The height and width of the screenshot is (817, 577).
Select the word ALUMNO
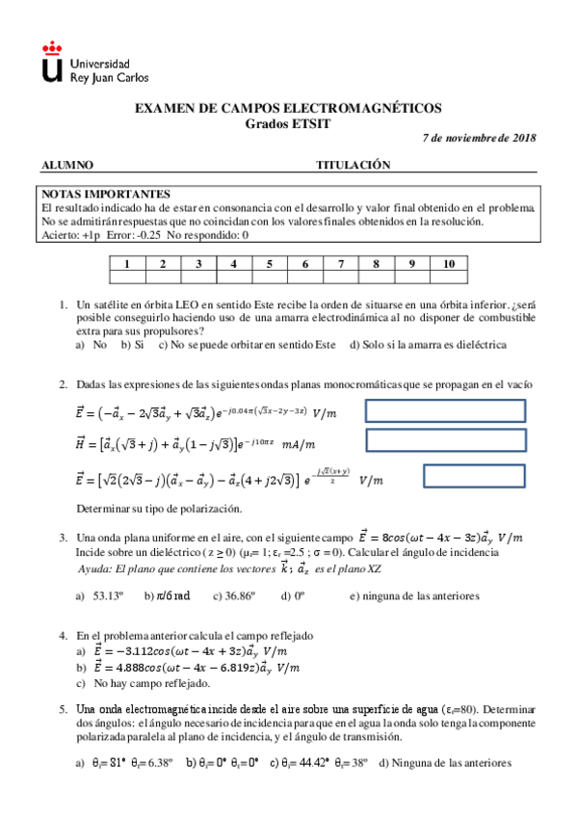pyautogui.click(x=67, y=165)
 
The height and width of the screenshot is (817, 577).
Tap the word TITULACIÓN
pyautogui.click(x=353, y=165)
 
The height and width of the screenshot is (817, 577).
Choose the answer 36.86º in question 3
pyautogui.click(x=237, y=595)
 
